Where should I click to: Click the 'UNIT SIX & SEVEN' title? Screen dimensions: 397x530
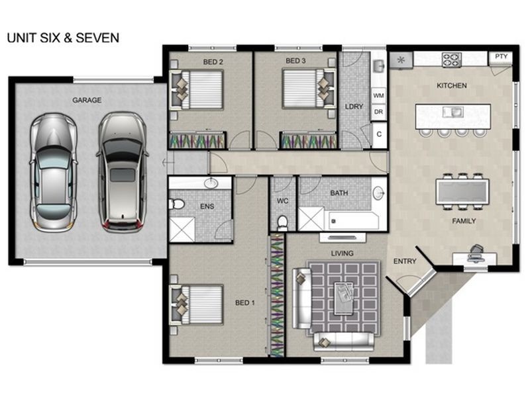[63, 38]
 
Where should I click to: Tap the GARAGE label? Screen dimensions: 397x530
[87, 101]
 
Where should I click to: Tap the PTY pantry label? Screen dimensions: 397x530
[502, 57]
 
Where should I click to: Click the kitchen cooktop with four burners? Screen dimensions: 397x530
[452, 60]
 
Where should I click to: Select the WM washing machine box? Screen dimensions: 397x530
[378, 96]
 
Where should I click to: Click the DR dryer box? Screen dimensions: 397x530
[378, 112]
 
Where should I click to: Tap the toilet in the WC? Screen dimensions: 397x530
[282, 221]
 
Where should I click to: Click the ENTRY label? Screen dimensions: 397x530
[405, 261]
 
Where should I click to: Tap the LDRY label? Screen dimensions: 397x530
[354, 106]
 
